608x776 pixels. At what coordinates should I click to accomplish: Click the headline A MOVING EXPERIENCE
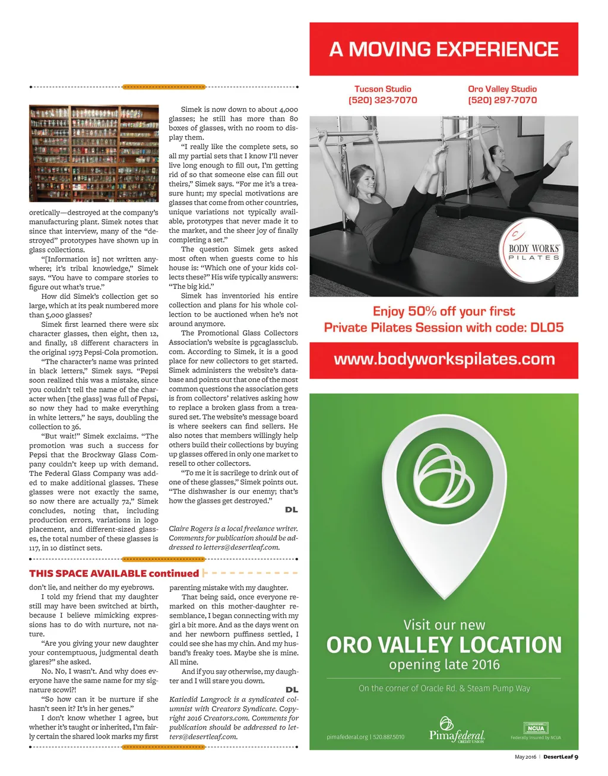444,49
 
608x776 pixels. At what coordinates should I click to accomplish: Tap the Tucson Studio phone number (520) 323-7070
382,100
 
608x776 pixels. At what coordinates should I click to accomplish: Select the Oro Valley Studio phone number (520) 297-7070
502,100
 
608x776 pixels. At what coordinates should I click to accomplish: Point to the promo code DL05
547,327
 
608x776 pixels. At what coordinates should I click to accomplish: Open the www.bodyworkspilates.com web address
444,359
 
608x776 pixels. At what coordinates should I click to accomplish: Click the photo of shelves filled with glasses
94,153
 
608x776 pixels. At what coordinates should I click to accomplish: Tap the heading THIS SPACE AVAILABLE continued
113,573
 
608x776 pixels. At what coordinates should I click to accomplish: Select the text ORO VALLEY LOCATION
444,645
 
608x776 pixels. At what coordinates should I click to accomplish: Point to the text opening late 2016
444,664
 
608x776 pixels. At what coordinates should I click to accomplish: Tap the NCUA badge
536,728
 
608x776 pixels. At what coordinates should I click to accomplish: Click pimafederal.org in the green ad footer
347,737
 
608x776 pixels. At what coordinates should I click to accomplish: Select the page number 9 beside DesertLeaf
576,757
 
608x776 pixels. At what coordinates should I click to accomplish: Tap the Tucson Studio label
382,89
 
